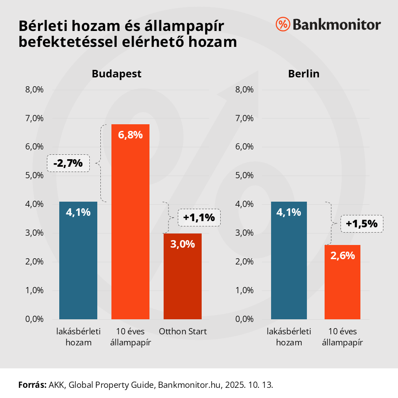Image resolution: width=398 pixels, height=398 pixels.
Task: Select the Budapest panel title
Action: click(x=116, y=74)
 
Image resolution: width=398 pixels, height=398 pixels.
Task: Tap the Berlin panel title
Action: click(x=303, y=74)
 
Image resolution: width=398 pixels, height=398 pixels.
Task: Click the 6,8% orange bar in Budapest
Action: click(x=130, y=221)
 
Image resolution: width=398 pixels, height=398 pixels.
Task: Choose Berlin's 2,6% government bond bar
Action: click(x=342, y=283)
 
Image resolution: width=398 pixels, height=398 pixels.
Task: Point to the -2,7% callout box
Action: click(x=68, y=163)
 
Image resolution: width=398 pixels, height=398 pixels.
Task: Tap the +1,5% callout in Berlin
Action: click(x=362, y=223)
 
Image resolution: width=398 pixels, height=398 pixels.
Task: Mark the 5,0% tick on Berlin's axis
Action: click(x=244, y=176)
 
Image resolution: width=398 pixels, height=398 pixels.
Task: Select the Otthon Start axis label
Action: click(x=183, y=332)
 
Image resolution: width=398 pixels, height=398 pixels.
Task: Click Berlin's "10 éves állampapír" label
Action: click(x=342, y=337)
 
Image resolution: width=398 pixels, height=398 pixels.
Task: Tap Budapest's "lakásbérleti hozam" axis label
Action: click(x=78, y=337)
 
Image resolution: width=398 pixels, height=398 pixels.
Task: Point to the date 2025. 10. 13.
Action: click(x=250, y=384)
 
